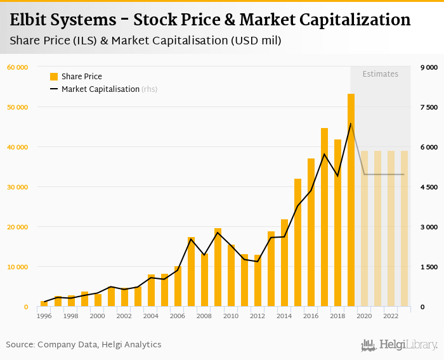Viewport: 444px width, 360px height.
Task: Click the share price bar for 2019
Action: pyautogui.click(x=351, y=200)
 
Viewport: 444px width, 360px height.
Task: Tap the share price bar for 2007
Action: pyautogui.click(x=191, y=272)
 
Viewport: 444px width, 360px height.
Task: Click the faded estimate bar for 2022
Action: pyautogui.click(x=391, y=229)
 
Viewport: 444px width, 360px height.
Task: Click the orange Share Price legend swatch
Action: pyautogui.click(x=54, y=77)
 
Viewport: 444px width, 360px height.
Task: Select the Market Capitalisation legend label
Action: pyautogui.click(x=100, y=89)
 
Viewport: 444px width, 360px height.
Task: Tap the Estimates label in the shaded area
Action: pyautogui.click(x=381, y=74)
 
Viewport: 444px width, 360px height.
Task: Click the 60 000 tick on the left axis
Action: pyautogui.click(x=17, y=67)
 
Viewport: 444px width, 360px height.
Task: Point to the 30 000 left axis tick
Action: pyautogui.click(x=17, y=187)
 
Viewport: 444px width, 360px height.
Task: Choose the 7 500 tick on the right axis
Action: pyautogui.click(x=429, y=107)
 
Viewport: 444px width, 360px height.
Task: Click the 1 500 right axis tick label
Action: pyautogui.click(x=429, y=267)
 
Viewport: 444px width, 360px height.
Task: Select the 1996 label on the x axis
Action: pyautogui.click(x=44, y=316)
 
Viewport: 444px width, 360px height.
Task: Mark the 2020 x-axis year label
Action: pyautogui.click(x=364, y=316)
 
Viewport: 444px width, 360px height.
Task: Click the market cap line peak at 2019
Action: pyautogui.click(x=351, y=124)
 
